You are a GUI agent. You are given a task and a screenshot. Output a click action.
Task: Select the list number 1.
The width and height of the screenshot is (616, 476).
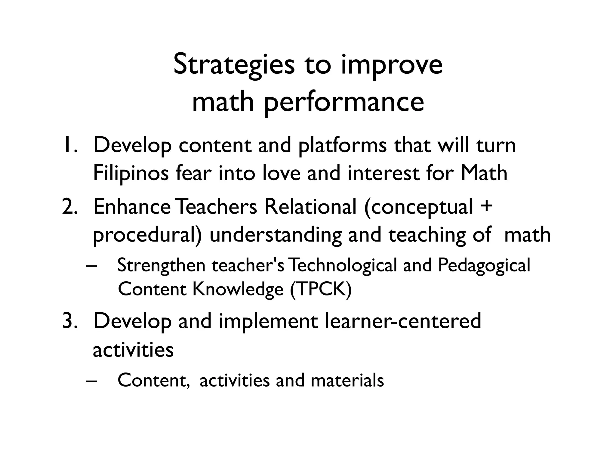click(70, 145)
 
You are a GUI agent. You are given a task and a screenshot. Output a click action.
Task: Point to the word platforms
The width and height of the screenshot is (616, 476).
click(343, 146)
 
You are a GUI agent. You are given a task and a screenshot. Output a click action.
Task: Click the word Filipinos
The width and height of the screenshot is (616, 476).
click(131, 174)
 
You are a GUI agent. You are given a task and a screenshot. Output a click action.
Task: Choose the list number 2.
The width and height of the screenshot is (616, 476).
click(70, 207)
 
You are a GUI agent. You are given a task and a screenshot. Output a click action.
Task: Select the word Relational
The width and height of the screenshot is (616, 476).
click(310, 207)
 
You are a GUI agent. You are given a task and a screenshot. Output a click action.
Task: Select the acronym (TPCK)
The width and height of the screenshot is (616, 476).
click(321, 289)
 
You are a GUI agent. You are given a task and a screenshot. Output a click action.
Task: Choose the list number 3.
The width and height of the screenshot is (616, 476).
click(70, 321)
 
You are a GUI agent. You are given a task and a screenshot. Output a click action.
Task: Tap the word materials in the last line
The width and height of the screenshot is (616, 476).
click(347, 380)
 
